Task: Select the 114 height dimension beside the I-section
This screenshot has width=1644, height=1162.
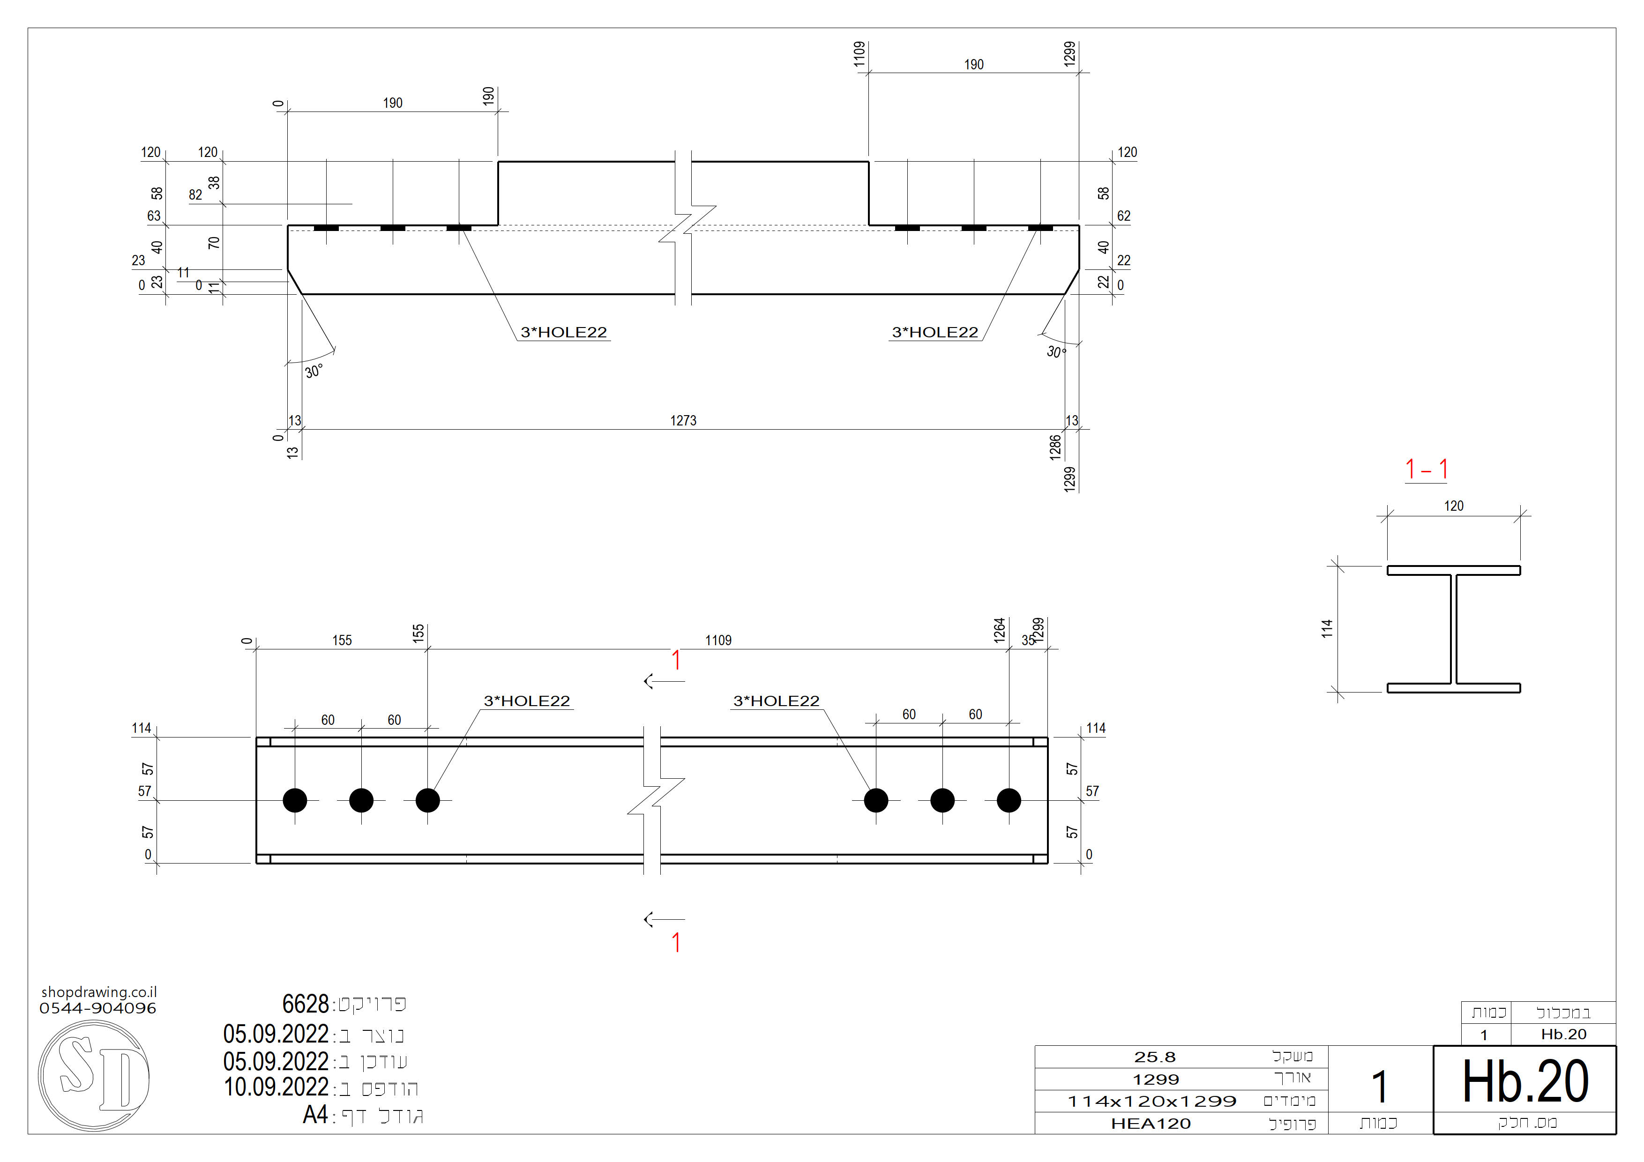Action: [x=1327, y=629]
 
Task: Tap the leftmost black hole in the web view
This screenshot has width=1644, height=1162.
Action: [x=295, y=800]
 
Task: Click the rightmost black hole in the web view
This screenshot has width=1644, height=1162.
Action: [x=1008, y=800]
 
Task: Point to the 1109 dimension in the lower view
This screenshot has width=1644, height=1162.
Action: [x=718, y=640]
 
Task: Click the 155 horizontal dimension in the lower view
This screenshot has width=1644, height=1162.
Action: [x=342, y=640]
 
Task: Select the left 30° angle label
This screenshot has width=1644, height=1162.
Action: [x=314, y=372]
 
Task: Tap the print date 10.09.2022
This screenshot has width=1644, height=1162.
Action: [x=276, y=1088]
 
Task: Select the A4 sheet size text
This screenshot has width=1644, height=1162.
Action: [x=315, y=1115]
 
